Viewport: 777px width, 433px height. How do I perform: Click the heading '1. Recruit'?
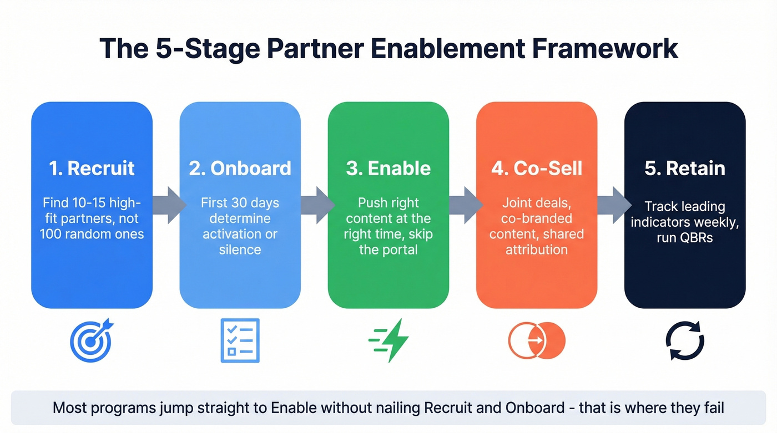pos(92,169)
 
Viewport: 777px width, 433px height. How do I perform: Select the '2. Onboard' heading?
pos(240,169)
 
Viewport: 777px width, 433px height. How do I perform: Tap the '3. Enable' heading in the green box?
pos(388,169)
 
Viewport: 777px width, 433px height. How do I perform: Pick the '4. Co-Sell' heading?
pos(536,169)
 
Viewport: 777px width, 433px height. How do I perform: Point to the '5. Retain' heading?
pos(684,169)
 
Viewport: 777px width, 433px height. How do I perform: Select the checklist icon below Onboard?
pos(240,340)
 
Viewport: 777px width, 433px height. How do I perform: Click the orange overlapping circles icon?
pos(536,340)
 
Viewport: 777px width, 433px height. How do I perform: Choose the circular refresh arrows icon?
pos(684,340)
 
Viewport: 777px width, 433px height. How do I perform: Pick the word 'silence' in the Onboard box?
pos(240,249)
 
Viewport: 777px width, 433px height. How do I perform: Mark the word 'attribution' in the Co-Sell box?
pos(536,249)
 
